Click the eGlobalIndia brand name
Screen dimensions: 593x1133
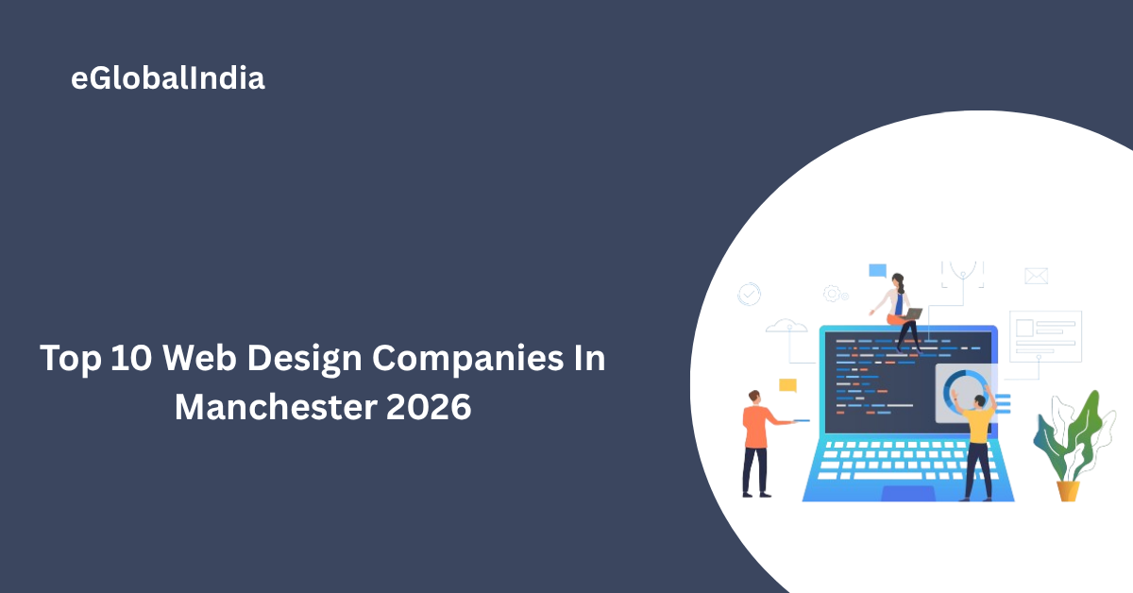point(168,79)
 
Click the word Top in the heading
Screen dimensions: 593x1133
point(70,361)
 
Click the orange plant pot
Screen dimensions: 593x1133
point(1068,490)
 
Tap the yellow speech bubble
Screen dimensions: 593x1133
point(787,384)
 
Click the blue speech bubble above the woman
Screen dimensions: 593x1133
point(878,271)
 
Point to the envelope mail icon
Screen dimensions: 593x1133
point(1037,276)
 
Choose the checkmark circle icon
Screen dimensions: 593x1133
point(750,294)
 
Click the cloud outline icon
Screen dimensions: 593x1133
point(786,327)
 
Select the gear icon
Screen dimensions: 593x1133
point(834,294)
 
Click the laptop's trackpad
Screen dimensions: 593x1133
point(908,494)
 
